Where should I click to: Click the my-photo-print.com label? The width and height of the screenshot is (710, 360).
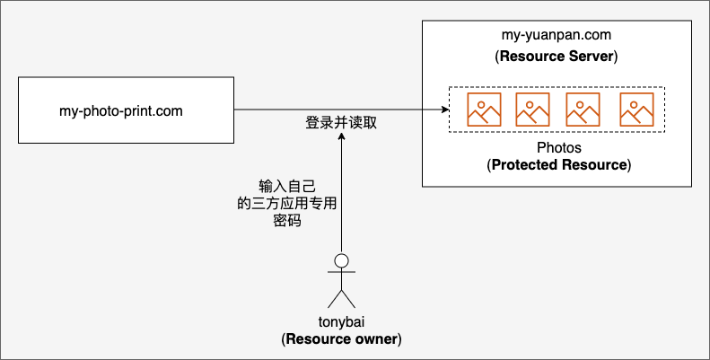[x=121, y=111]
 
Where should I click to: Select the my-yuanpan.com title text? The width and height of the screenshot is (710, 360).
[x=556, y=35]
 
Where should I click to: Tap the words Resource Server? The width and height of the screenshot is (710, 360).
[x=557, y=57]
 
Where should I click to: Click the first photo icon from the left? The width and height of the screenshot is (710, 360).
[x=484, y=110]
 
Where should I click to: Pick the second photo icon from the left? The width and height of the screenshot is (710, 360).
[x=532, y=110]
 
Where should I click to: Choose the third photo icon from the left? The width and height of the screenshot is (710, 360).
[x=583, y=110]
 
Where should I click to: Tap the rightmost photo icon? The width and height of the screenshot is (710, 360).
[x=636, y=110]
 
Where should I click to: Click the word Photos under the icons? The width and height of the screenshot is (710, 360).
[x=559, y=147]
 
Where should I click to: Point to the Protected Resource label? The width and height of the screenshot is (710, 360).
[x=559, y=165]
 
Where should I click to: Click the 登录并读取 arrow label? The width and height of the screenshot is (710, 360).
[x=341, y=123]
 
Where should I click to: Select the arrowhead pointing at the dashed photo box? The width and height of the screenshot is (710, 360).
[x=445, y=110]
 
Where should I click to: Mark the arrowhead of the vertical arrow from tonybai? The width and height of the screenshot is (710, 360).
[x=341, y=136]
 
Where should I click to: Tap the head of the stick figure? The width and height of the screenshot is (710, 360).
[x=341, y=261]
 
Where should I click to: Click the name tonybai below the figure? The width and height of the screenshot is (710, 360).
[x=341, y=322]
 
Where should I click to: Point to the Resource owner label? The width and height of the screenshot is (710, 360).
[x=342, y=339]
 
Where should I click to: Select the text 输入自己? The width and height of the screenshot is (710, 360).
[x=287, y=186]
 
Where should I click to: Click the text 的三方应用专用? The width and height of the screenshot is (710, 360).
[x=287, y=203]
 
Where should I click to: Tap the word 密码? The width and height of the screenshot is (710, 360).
[x=287, y=221]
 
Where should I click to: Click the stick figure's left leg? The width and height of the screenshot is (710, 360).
[x=335, y=299]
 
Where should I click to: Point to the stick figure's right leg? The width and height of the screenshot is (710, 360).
[x=348, y=299]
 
